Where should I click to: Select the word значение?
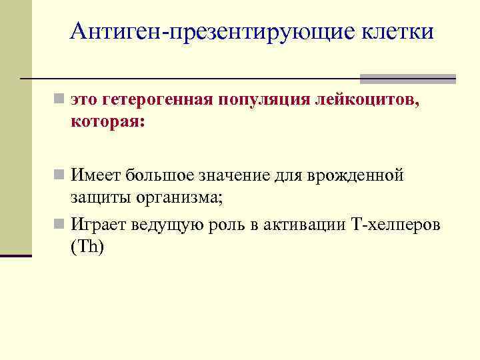(235, 176)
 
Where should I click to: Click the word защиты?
(101, 198)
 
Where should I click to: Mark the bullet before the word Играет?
(60, 224)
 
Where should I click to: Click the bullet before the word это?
(60, 101)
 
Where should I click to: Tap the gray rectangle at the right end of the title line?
(408, 79)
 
